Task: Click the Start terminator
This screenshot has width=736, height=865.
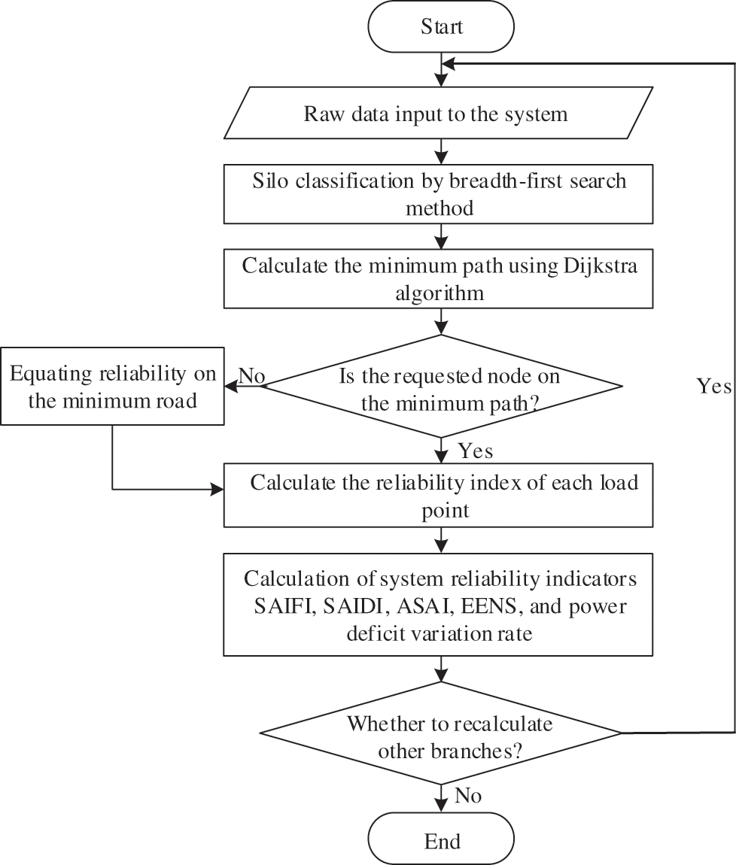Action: click(442, 27)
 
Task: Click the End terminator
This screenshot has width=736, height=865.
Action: click(442, 840)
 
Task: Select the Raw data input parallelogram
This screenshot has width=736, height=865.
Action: click(436, 115)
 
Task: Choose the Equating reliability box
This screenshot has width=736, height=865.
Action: click(112, 387)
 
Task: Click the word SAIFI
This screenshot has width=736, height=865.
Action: click(281, 606)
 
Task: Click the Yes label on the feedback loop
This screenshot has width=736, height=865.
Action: click(713, 387)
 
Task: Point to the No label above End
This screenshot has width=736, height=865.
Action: click(469, 795)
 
